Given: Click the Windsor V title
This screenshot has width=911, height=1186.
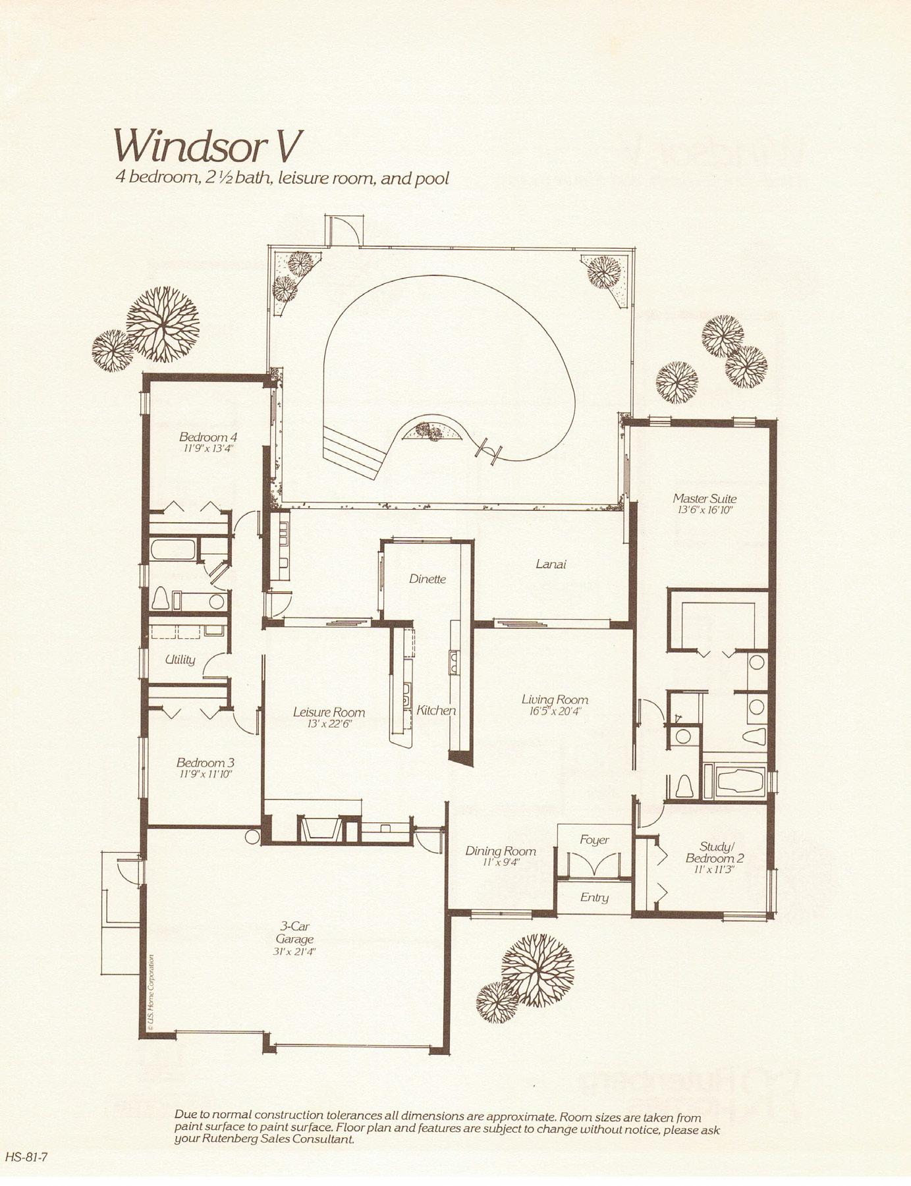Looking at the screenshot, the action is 202,146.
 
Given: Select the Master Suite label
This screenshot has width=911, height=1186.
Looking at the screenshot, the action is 704,499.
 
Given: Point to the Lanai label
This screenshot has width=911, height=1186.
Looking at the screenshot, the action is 551,564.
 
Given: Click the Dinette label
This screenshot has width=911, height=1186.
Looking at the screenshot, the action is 428,579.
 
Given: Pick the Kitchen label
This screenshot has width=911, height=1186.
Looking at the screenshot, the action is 436,711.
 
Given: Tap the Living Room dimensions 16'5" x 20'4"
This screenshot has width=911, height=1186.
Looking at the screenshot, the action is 555,711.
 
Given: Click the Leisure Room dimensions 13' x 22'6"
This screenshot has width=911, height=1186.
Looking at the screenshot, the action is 329,724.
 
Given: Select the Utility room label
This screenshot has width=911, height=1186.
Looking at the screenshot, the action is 180,659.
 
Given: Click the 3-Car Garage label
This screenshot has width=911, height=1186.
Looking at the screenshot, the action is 294,933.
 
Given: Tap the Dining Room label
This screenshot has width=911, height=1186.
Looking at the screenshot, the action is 501,851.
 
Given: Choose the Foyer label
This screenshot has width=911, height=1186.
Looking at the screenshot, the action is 594,840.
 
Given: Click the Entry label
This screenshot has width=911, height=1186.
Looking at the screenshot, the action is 594,898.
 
